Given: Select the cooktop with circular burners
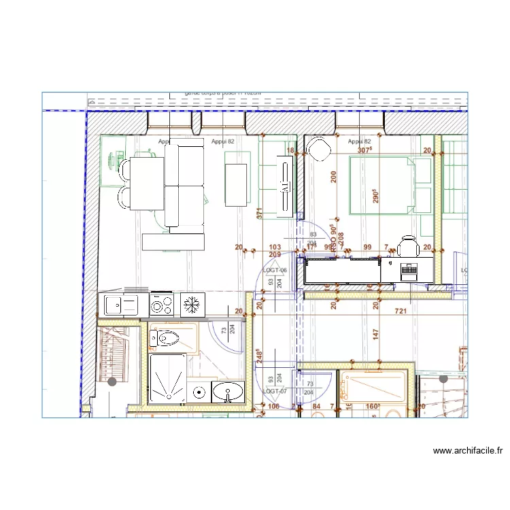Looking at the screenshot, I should [x=162, y=305].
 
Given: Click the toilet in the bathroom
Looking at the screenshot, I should [x=166, y=337].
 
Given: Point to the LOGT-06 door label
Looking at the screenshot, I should [x=275, y=270].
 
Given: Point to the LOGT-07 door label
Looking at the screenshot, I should [x=275, y=391].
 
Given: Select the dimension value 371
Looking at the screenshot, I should [x=259, y=214].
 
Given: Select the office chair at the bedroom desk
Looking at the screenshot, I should [x=408, y=245].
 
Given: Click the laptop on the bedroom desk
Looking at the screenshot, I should [x=409, y=271].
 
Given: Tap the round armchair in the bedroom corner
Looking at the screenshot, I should [x=317, y=147].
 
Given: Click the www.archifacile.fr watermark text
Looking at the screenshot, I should [x=467, y=450].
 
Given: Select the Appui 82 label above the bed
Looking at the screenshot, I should [x=358, y=141].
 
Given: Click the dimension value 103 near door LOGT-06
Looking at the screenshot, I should [x=275, y=248].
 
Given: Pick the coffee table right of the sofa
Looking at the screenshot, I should [x=236, y=184].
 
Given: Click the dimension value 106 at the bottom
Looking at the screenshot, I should [x=274, y=407].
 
